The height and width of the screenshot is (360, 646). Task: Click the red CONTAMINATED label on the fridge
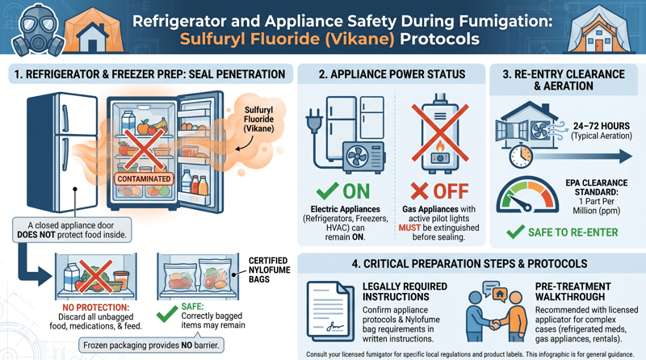click(143, 178)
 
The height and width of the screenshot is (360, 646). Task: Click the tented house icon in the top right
click(606, 30)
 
